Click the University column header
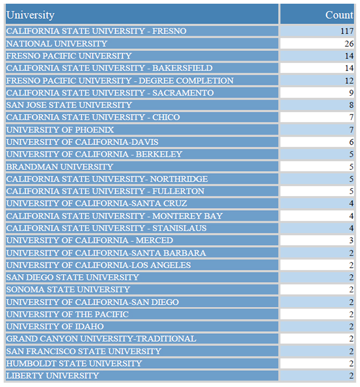coord(31,15)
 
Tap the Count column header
coord(339,15)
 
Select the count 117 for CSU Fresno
coord(347,31)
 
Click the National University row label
coord(57,44)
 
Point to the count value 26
coord(349,44)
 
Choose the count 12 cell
coord(349,81)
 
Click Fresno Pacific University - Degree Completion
coord(120,81)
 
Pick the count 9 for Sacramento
coord(351,93)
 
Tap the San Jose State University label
coord(69,105)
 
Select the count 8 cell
coord(351,105)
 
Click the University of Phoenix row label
coord(60,130)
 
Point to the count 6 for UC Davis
coord(351,142)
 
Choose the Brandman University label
coord(60,167)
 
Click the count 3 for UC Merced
coord(351,240)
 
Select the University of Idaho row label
coord(55,326)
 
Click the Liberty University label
coord(53,376)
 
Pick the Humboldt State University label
coord(74,363)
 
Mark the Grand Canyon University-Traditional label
coord(101,339)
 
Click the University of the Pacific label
coord(67,314)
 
